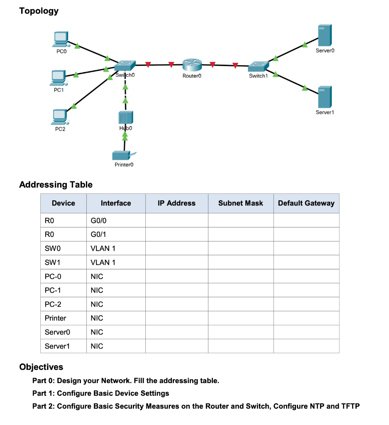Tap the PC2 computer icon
click(61, 117)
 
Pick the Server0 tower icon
click(324, 36)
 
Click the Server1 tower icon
click(324, 97)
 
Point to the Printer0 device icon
click(123, 155)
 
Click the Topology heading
click(39, 11)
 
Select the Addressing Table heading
click(56, 184)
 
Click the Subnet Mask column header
click(240, 203)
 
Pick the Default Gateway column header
click(306, 203)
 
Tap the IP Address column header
click(176, 203)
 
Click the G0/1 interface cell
click(97, 234)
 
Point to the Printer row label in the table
click(55, 318)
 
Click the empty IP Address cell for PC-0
click(176, 276)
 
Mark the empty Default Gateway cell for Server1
click(306, 346)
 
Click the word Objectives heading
click(42, 367)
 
